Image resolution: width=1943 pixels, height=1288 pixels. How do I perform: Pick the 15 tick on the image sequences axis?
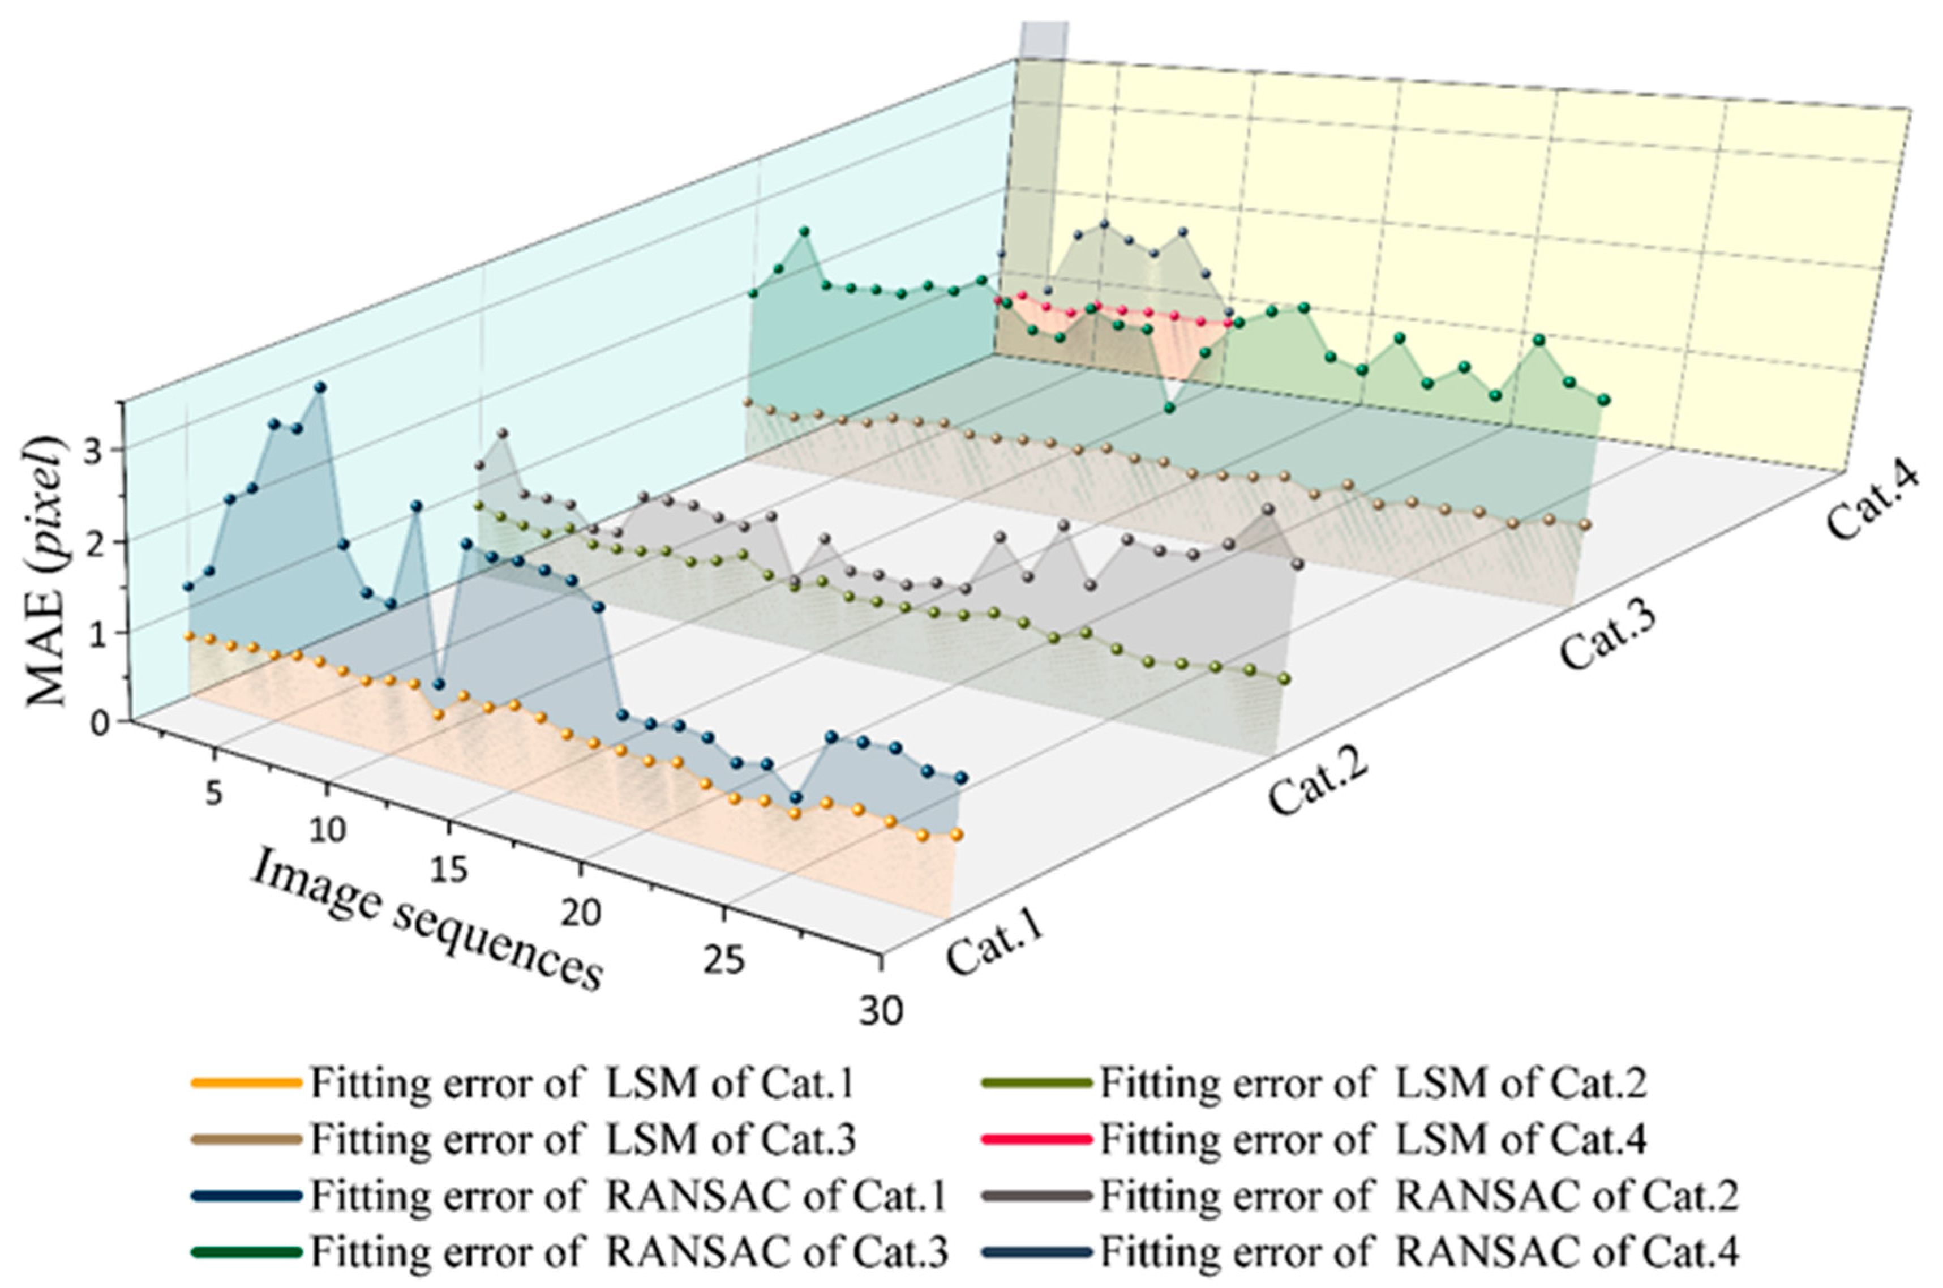tap(448, 870)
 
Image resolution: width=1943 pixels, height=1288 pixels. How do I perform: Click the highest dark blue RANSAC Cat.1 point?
tap(320, 387)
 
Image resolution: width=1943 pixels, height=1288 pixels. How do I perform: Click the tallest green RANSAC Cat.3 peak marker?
tap(804, 232)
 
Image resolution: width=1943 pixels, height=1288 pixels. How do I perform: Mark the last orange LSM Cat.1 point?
tap(957, 835)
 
